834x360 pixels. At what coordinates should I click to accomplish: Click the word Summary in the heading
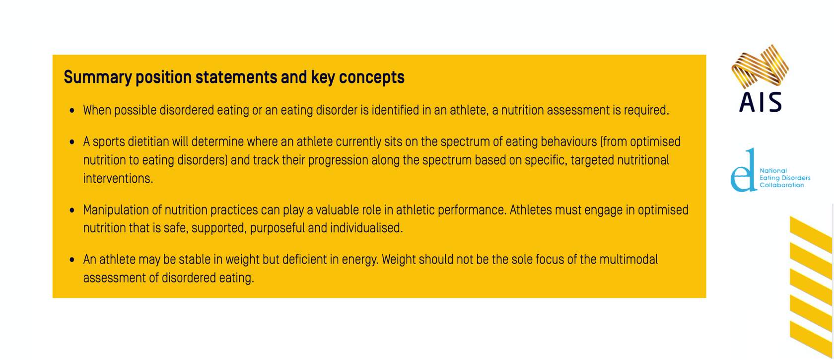point(97,78)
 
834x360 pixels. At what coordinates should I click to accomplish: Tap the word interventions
point(118,179)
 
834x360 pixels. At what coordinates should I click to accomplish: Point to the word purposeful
point(278,228)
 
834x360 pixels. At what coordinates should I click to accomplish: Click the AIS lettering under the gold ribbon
point(761,102)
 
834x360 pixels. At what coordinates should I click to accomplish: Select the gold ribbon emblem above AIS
point(760,67)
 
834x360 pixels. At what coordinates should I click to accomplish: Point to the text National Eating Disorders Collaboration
point(785,178)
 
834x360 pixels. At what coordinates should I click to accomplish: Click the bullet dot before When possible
point(72,111)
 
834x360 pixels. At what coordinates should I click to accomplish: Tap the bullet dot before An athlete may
point(72,260)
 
